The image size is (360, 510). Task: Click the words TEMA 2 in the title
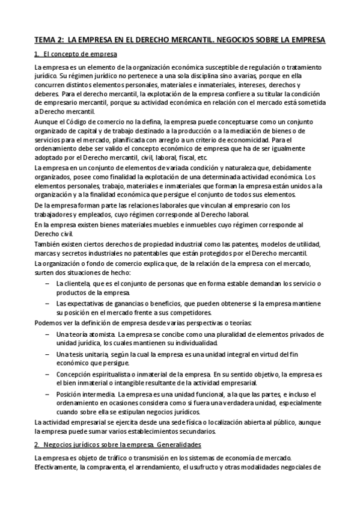click(x=47, y=40)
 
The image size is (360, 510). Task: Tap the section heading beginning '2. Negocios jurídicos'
click(x=117, y=444)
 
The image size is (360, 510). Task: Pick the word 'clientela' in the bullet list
click(x=75, y=283)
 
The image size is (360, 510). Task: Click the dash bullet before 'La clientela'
click(x=46, y=283)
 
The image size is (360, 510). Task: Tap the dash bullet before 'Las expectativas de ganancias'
click(x=46, y=304)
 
